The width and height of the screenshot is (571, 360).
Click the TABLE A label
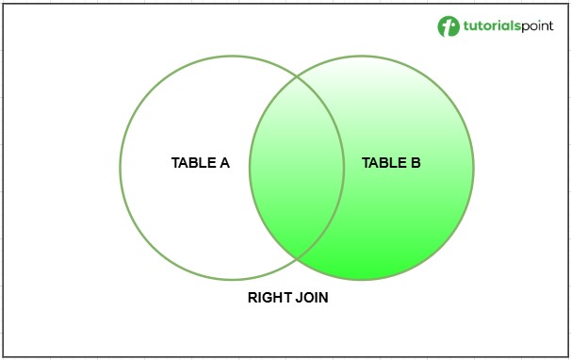(x=200, y=162)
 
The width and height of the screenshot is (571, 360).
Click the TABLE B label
(x=391, y=163)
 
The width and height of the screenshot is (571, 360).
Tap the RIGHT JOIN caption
(x=288, y=298)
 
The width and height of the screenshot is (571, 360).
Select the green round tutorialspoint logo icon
(x=448, y=25)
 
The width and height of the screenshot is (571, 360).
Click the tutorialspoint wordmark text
(x=507, y=25)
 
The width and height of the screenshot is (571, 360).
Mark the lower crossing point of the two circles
(x=296, y=256)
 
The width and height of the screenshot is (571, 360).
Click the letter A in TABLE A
(x=224, y=162)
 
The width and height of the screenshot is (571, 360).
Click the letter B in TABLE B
(x=416, y=163)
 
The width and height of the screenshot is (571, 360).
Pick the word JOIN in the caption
(x=311, y=298)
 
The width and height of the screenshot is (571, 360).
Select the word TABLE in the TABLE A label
(x=193, y=162)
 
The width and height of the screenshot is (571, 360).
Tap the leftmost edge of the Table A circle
(x=120, y=168)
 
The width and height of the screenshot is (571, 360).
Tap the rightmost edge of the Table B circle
(x=473, y=168)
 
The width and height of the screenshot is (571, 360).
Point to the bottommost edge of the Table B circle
(x=362, y=279)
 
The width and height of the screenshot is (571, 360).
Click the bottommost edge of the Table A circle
(x=231, y=279)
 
